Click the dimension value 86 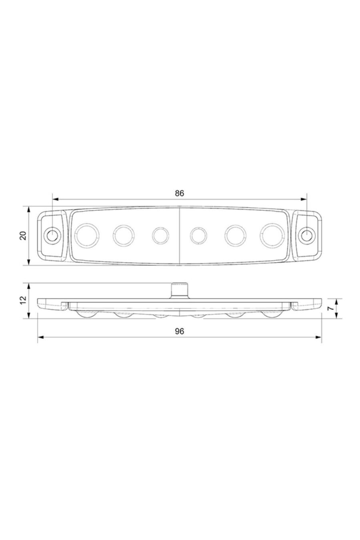click(x=179, y=193)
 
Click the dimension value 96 click(x=179, y=332)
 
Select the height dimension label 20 click(x=23, y=236)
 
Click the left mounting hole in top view click(x=52, y=235)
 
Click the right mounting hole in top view click(x=307, y=235)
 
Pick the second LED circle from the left click(x=123, y=235)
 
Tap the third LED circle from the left click(x=160, y=235)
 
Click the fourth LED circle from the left click(x=198, y=235)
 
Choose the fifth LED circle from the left click(x=236, y=235)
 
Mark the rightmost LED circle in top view click(x=273, y=235)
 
